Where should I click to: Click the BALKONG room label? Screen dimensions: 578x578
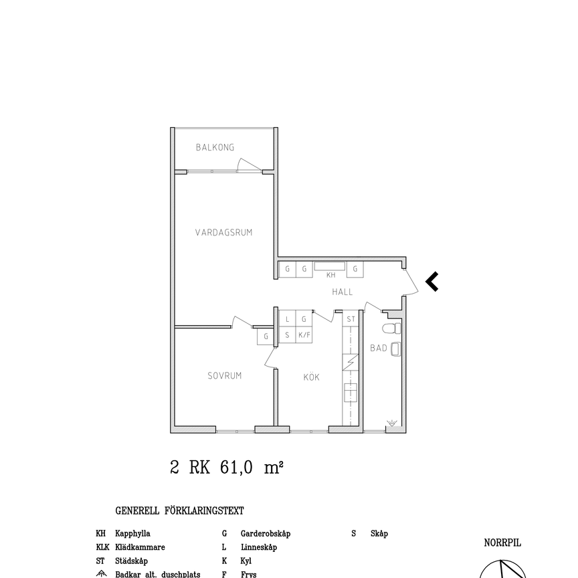215,147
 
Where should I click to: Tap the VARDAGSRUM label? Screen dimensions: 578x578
223,233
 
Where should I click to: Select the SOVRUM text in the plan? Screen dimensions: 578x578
224,376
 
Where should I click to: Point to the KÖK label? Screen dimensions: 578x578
311,377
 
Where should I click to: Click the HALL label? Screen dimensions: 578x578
343,292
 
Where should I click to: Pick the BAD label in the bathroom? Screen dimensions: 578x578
378,348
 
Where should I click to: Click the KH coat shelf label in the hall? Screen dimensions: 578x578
330,275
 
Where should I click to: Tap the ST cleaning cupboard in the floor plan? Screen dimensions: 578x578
351,320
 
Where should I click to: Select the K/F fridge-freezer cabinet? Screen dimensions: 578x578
304,335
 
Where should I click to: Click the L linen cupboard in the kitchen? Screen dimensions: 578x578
287,320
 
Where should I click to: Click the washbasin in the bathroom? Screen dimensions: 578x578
395,349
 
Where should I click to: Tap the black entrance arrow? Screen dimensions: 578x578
432,282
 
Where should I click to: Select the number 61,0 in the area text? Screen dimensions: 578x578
236,468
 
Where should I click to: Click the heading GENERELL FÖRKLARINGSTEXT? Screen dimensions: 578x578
179,511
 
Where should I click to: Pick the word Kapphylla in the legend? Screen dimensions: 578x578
132,534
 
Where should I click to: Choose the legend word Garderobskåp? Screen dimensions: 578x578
265,534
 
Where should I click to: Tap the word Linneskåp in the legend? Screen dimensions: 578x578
258,547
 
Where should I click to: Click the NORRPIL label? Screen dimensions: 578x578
502,543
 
